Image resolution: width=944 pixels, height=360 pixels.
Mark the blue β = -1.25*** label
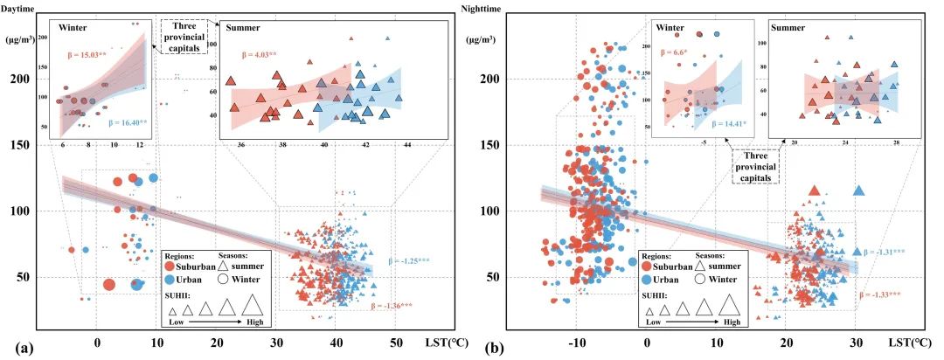tap(404, 260)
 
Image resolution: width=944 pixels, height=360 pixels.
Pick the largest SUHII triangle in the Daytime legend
tap(253, 305)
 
